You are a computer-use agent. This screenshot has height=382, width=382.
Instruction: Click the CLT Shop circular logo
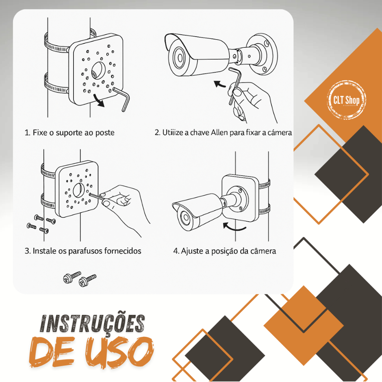(x=346, y=100)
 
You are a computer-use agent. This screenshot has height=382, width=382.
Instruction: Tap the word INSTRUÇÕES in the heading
(x=93, y=324)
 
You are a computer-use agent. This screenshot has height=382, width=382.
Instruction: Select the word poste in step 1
(x=105, y=133)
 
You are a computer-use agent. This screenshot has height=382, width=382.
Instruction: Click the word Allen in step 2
(x=220, y=132)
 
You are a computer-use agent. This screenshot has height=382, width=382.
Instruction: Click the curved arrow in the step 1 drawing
(x=99, y=100)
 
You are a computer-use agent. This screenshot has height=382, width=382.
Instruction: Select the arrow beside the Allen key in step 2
(x=220, y=84)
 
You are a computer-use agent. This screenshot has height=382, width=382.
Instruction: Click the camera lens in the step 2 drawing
(x=180, y=58)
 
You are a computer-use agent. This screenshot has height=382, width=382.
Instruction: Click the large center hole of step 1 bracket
(x=98, y=71)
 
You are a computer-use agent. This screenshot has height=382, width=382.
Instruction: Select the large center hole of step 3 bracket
(x=78, y=190)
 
